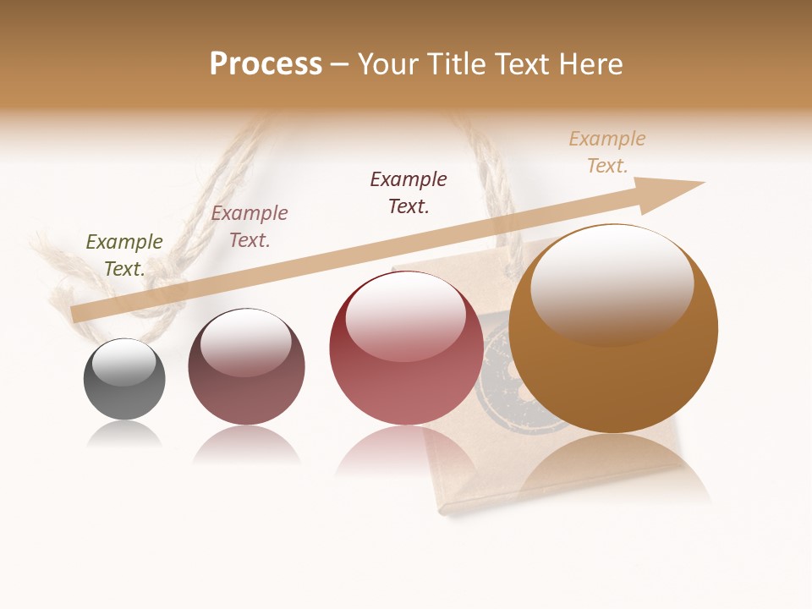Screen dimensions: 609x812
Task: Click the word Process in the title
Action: (x=266, y=63)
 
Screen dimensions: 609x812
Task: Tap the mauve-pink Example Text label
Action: (x=250, y=227)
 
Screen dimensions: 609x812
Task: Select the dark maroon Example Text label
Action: (x=409, y=193)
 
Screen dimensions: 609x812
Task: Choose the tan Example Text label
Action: (x=607, y=152)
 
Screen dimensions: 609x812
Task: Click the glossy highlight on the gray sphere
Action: (x=124, y=362)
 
